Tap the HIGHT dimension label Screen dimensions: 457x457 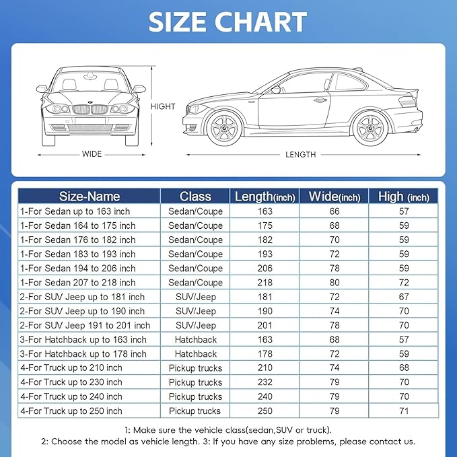coord(163,106)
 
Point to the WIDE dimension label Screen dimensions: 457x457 coord(92,154)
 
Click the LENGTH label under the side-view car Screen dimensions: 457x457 coord(300,154)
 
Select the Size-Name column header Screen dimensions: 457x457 coord(89,197)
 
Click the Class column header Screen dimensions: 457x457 coord(195,197)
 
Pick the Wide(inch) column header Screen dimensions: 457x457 coord(334,197)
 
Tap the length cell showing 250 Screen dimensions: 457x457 coord(265,411)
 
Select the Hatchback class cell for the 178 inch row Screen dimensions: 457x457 coord(195,354)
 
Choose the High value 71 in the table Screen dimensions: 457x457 coord(404,411)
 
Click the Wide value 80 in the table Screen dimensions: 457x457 coord(334,283)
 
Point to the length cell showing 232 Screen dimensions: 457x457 coord(265,382)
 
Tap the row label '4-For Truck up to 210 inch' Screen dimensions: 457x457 coord(71,368)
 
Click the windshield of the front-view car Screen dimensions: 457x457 coord(91,85)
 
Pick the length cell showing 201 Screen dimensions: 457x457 coord(265,326)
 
